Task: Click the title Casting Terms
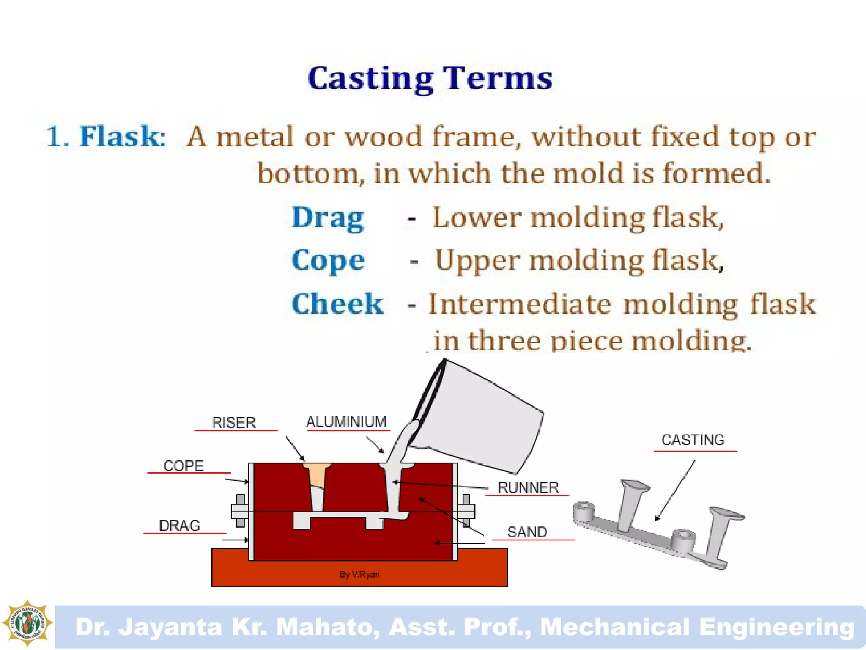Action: click(x=430, y=78)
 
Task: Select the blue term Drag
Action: click(x=328, y=218)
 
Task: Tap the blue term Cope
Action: click(x=328, y=260)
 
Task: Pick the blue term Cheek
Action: click(x=337, y=304)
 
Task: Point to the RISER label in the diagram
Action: click(x=234, y=422)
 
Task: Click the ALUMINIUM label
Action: click(x=346, y=421)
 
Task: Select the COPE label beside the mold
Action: click(x=183, y=466)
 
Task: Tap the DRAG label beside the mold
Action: click(x=179, y=526)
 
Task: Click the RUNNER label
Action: click(x=528, y=487)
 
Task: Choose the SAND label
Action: click(x=527, y=532)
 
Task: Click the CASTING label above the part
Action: click(x=693, y=440)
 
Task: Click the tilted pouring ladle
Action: click(x=478, y=419)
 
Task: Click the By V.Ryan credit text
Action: click(x=359, y=575)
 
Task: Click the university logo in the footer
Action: click(x=27, y=623)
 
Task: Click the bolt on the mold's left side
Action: click(x=240, y=511)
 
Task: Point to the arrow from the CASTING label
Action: click(x=675, y=491)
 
